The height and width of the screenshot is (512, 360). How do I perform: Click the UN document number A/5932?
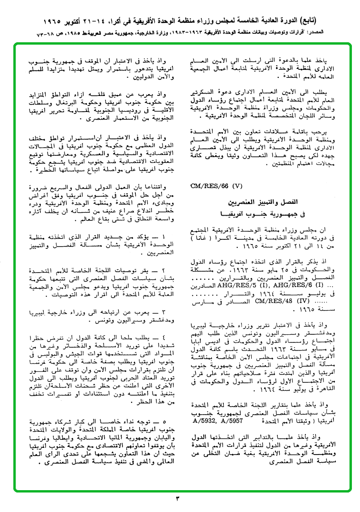click(207, 420)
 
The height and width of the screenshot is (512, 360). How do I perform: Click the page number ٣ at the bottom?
click(180, 499)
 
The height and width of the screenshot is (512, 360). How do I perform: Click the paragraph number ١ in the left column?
click(165, 236)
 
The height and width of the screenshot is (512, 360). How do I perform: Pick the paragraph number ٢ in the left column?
click(165, 269)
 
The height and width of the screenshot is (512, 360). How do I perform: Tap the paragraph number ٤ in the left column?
click(165, 337)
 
